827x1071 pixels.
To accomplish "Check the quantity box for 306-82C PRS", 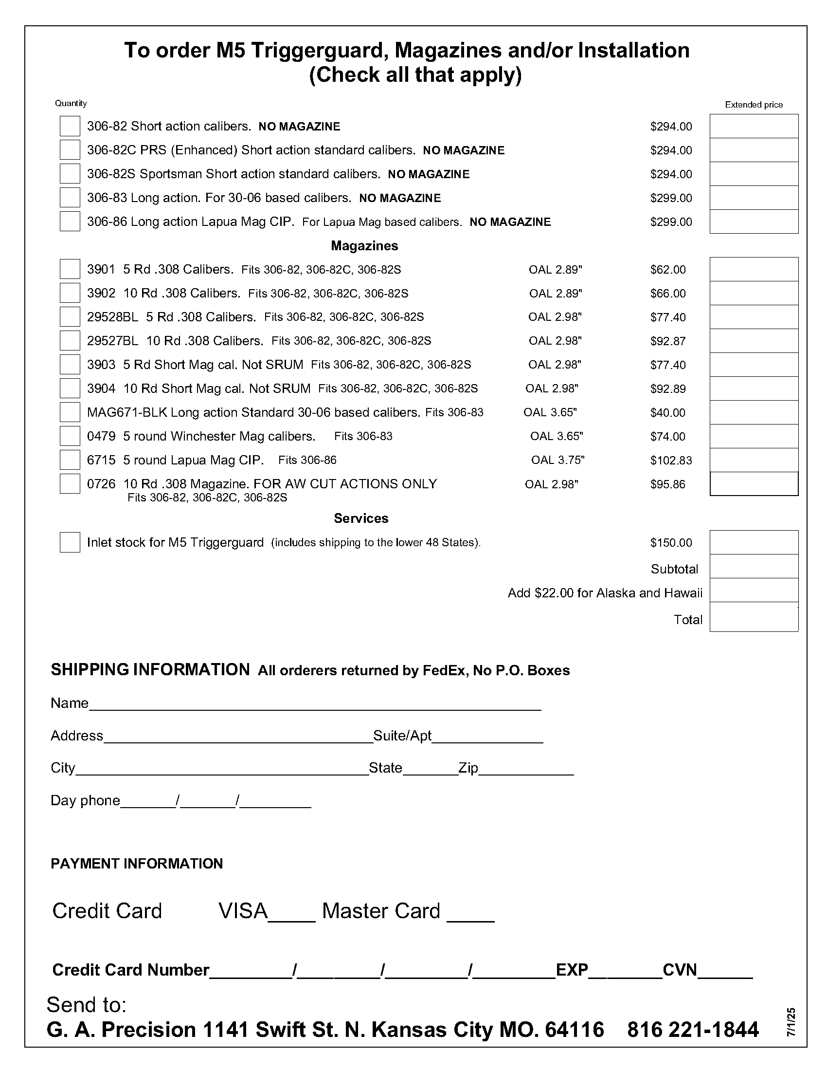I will point(70,149).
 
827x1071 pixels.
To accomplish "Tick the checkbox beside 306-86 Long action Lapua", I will point(70,221).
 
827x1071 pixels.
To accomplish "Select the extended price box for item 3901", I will point(754,269).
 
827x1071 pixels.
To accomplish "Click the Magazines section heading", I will point(364,246).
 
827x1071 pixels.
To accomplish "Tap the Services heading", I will point(361,518).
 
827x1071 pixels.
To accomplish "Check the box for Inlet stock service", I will point(70,542).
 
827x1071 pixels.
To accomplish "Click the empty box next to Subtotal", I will point(754,566).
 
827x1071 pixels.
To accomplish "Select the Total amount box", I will point(754,617).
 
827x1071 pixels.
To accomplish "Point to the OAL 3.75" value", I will point(557,460).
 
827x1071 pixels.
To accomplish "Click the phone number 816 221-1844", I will point(693,1030).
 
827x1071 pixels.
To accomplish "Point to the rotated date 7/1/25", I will point(791,1022).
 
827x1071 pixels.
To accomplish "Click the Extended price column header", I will point(754,105).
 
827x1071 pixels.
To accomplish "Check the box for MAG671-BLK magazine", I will point(70,412).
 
